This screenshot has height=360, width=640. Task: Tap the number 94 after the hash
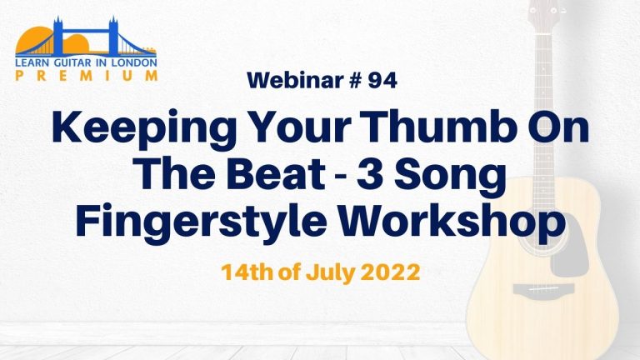(382, 80)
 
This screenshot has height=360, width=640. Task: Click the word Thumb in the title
(440, 126)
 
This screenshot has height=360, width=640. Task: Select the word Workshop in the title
(452, 223)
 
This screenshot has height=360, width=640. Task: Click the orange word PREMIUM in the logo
(86, 75)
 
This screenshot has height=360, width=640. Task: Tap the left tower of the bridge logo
(58, 37)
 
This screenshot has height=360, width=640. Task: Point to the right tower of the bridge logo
(113, 37)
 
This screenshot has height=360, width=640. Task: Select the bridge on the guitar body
(543, 289)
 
